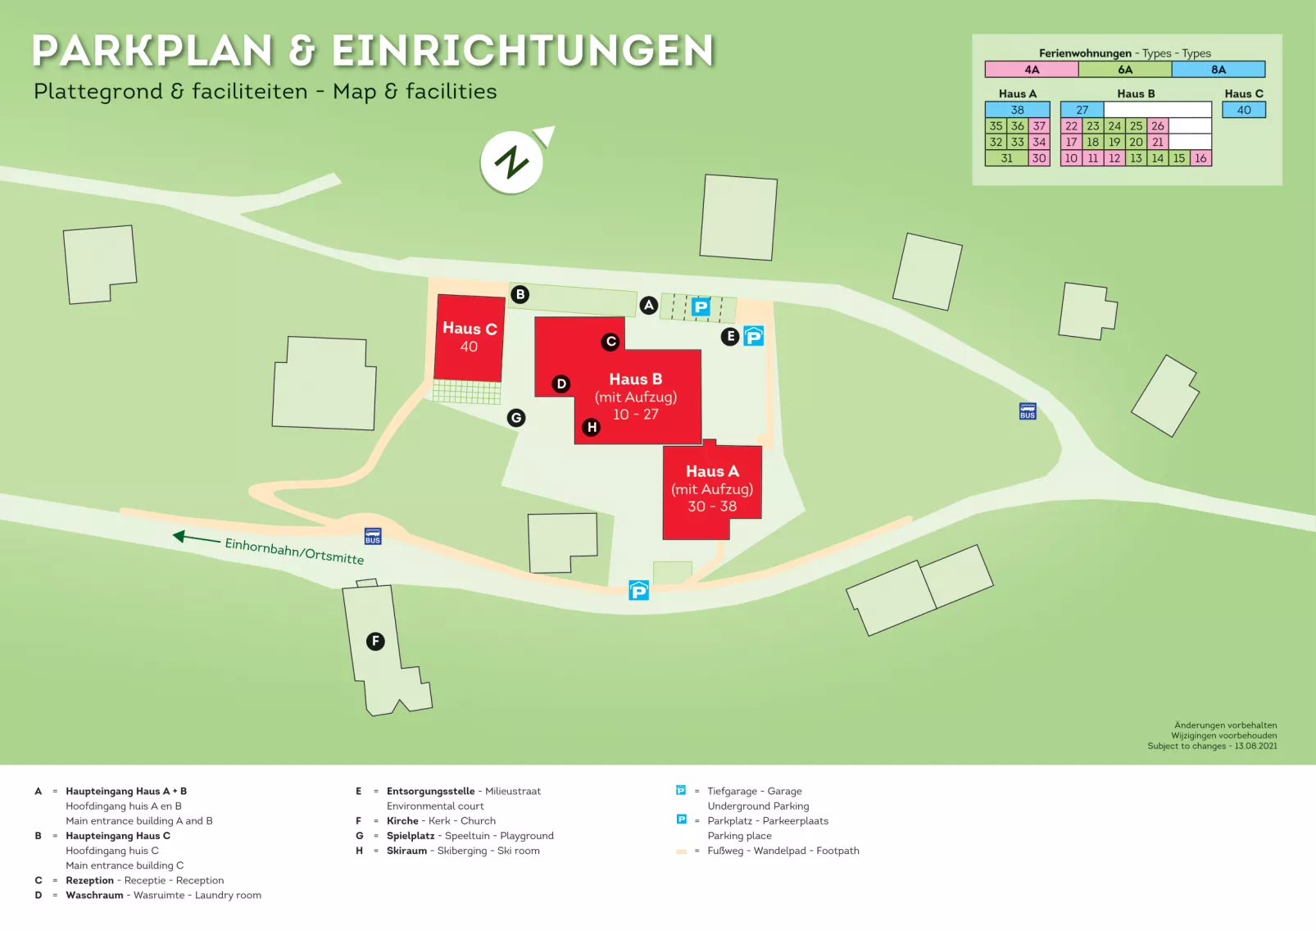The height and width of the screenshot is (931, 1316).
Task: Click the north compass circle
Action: [511, 162]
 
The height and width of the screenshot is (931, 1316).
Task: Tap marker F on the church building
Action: [375, 641]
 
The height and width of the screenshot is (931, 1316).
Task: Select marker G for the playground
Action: [515, 418]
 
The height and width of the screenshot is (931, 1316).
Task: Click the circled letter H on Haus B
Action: [592, 427]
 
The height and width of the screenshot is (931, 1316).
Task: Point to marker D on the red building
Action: [561, 384]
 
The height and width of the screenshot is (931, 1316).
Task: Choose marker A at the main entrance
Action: [649, 306]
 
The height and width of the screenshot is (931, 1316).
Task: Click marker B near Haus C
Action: [520, 294]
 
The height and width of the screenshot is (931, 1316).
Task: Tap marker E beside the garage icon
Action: [730, 336]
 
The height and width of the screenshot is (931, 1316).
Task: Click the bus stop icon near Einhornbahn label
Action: [373, 537]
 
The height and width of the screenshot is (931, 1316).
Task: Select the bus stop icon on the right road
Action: [1028, 411]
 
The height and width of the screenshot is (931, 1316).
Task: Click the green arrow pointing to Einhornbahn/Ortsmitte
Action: [195, 538]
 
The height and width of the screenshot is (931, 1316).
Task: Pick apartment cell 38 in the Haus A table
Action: [1017, 110]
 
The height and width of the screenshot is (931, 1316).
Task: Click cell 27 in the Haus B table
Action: [1082, 110]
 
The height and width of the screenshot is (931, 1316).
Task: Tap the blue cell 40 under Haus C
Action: [1244, 110]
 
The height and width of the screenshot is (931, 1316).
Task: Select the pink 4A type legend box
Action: [1032, 70]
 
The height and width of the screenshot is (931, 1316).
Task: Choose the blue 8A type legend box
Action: [1218, 70]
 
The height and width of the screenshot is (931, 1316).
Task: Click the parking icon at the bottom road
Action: [638, 590]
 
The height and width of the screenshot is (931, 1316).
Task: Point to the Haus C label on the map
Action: [470, 329]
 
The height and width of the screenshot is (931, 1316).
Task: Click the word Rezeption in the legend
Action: [90, 880]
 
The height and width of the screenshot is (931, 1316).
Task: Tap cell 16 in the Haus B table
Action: [1200, 158]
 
